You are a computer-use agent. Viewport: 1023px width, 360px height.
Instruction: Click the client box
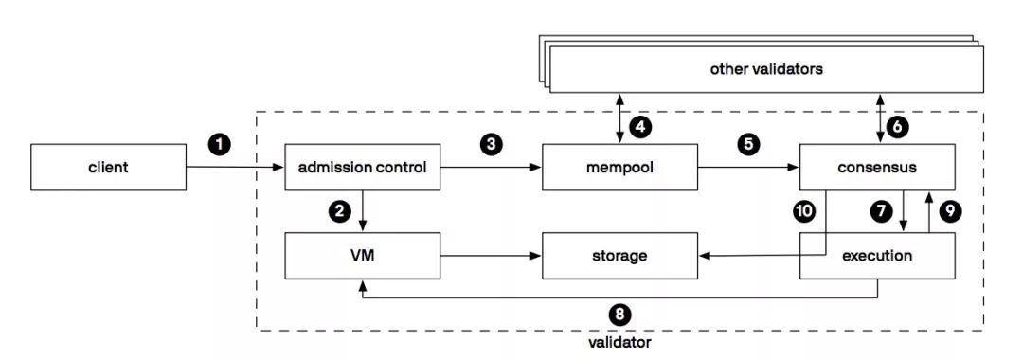point(108,168)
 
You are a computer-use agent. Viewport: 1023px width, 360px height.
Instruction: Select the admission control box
point(363,168)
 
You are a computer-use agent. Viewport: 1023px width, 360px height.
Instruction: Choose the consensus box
point(876,168)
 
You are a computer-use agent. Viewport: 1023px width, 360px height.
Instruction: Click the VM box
point(363,256)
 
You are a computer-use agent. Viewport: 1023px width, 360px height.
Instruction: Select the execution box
point(876,256)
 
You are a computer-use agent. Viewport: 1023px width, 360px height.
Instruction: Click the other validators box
point(765,69)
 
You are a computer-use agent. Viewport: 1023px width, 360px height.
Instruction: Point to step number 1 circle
point(220,144)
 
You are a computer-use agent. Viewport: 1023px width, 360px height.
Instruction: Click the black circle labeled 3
point(490,144)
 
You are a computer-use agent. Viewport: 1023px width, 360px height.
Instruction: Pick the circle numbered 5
point(747,144)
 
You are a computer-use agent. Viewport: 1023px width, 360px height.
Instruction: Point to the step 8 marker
point(620,314)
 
